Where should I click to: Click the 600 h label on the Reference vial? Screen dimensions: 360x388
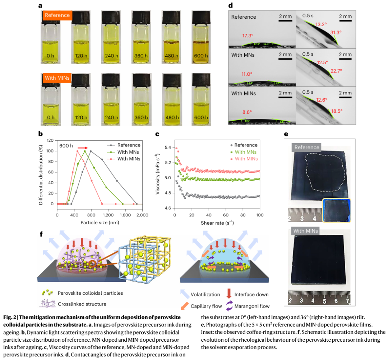pos(201,56)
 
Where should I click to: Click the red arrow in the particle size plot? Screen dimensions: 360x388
pos(82,147)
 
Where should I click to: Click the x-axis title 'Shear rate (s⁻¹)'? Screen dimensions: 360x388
pos(217,223)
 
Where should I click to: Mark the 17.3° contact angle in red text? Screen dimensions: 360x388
pos(248,36)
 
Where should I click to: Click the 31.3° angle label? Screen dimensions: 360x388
pos(336,32)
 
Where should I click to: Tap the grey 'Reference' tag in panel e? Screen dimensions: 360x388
pos(306,147)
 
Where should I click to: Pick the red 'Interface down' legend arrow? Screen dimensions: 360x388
pos(229,294)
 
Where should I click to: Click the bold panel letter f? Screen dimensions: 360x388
pos(41,234)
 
